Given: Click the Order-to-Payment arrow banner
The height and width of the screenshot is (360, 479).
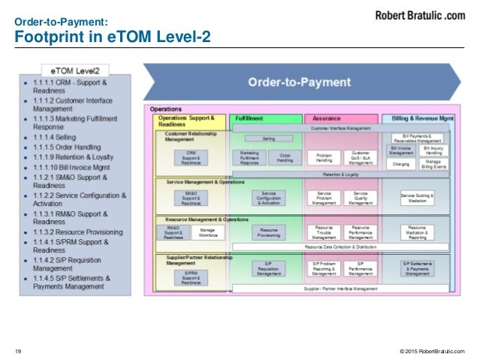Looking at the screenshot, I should [x=300, y=83].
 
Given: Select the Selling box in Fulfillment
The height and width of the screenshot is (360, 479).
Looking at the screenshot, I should [x=268, y=139].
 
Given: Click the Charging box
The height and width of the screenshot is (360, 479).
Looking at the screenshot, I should [x=401, y=164].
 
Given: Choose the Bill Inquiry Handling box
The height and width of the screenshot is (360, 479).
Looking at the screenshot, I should [x=434, y=150].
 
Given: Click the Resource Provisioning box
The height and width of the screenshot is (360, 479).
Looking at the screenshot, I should [x=268, y=232].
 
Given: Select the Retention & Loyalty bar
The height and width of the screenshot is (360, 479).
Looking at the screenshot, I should [x=342, y=174].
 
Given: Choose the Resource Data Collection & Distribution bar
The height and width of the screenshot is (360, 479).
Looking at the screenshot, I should [x=342, y=247].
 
